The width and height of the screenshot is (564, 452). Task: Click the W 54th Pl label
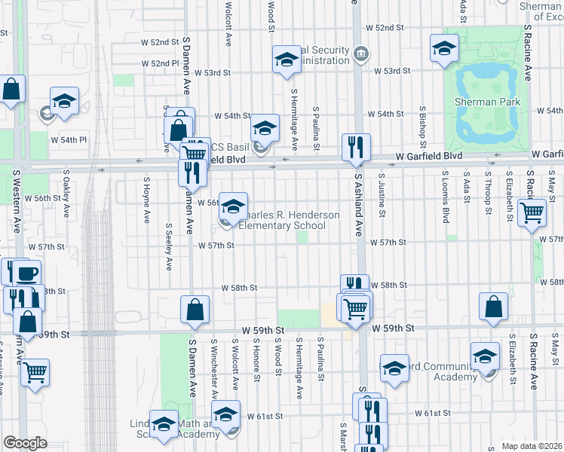69,140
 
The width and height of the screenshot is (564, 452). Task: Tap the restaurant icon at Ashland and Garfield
355,147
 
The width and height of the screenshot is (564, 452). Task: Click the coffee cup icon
27,273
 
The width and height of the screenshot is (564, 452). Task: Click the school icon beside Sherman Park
444,48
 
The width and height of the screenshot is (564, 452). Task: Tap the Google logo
25,443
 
